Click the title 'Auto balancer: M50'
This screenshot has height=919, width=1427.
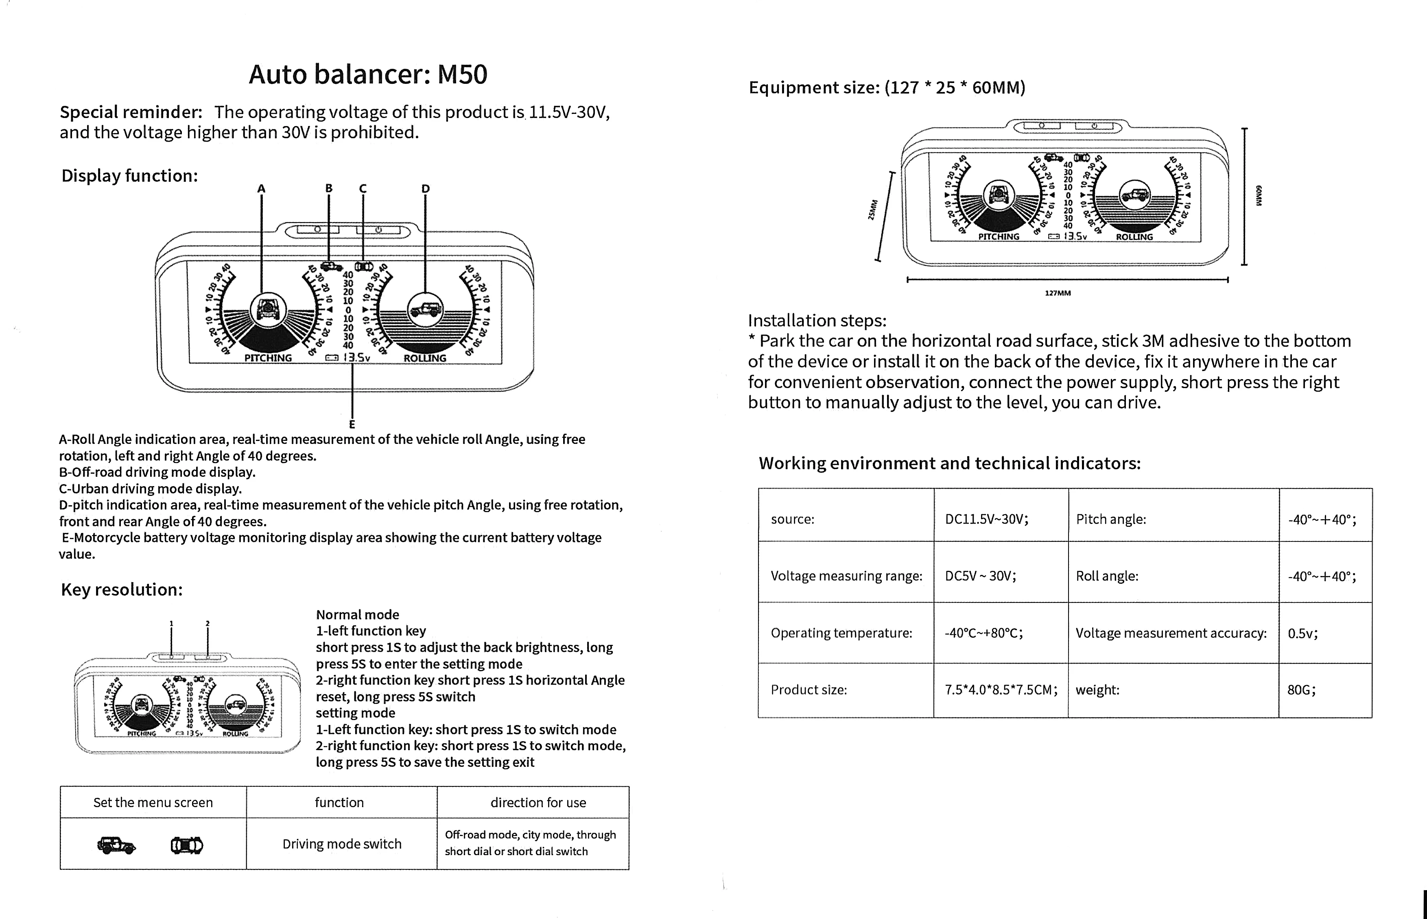368,74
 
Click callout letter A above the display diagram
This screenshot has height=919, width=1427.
261,189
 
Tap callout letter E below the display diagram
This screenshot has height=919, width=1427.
352,424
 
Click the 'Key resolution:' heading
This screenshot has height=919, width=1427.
122,589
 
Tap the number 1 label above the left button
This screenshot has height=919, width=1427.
171,624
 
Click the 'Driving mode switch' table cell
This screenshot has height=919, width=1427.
341,844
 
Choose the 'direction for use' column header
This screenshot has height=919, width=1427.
538,803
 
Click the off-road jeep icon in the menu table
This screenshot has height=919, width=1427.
116,845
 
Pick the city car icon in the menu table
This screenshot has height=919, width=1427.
187,845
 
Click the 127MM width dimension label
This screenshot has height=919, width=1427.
1058,293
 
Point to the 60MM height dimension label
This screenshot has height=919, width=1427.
1258,196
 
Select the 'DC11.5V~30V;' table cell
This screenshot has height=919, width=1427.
987,519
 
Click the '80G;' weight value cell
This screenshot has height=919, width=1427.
1301,690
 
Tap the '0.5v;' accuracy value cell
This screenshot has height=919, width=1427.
1302,633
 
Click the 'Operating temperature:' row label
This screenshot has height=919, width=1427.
841,633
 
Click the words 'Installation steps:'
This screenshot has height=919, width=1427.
817,321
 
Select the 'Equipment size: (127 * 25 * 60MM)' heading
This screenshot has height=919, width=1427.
887,88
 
